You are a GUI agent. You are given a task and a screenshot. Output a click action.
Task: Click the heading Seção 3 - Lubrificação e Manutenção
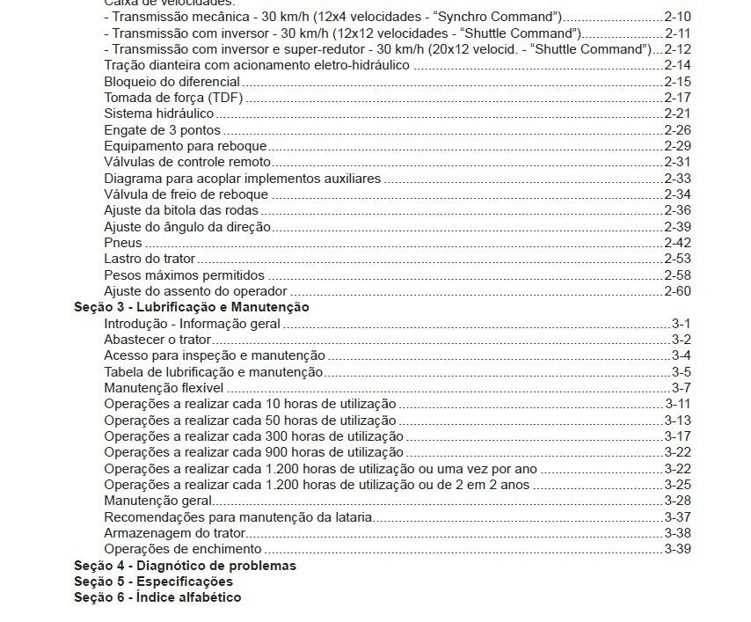(x=191, y=307)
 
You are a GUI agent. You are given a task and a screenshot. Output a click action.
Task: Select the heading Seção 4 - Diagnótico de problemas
(x=185, y=566)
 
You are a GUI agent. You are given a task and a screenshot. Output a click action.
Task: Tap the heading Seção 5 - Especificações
(x=153, y=582)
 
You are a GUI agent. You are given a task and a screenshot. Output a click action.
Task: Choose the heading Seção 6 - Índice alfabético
(x=157, y=597)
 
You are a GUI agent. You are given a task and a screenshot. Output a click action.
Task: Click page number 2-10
(x=677, y=17)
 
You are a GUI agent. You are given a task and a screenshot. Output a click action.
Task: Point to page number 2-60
(x=677, y=291)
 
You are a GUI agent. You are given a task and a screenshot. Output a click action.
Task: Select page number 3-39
(x=677, y=549)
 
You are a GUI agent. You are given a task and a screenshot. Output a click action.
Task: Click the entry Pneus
(x=123, y=243)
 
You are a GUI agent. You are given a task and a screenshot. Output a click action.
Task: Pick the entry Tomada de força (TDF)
(x=173, y=98)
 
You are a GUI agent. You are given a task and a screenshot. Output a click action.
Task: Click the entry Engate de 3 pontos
(x=162, y=130)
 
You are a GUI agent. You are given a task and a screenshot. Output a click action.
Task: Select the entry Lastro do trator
(x=149, y=259)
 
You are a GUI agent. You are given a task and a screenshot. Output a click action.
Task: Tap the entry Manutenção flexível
(x=164, y=388)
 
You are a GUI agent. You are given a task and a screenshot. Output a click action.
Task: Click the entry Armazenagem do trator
(x=174, y=533)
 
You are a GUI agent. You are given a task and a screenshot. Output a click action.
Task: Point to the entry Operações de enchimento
(x=182, y=549)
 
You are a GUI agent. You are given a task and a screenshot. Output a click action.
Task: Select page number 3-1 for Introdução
(x=681, y=324)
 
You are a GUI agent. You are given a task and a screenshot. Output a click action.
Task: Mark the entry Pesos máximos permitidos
(x=183, y=275)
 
